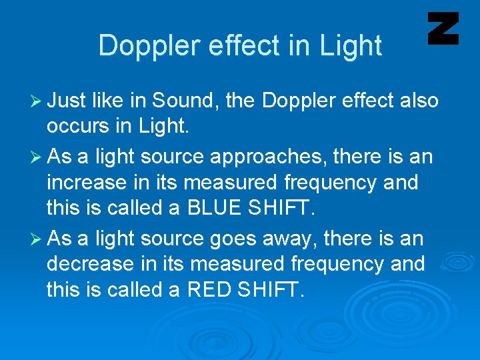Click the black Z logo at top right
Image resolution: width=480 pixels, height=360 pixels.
(x=443, y=28)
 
